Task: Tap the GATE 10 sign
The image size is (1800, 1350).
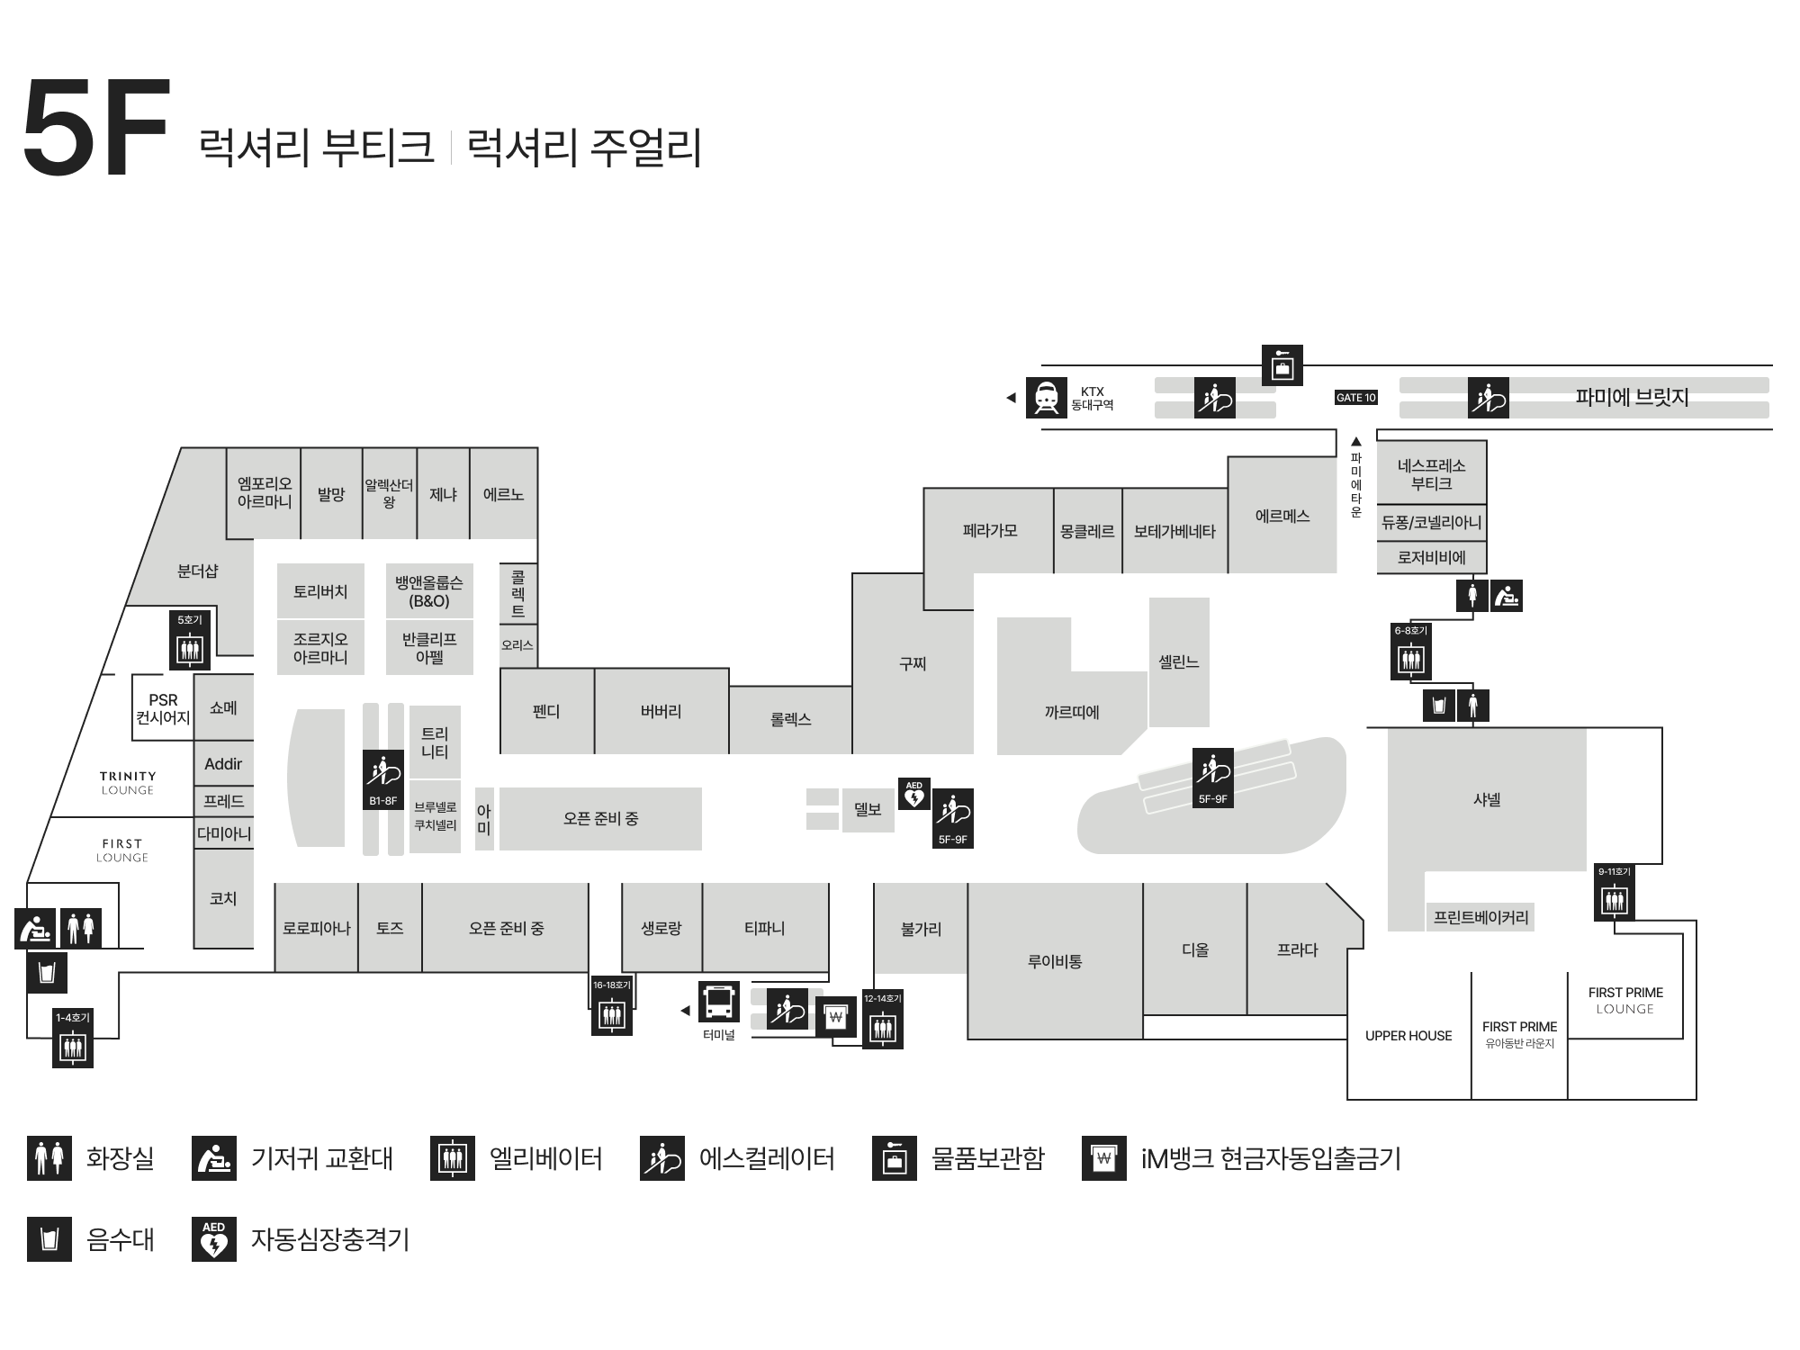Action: (x=1355, y=398)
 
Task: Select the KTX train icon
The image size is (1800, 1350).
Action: (x=1046, y=398)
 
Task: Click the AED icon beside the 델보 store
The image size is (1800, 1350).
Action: (x=914, y=794)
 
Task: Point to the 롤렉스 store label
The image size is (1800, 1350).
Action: (x=790, y=719)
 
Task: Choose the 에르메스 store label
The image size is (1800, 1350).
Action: (x=1282, y=516)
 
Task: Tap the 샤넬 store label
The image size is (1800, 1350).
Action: (x=1487, y=799)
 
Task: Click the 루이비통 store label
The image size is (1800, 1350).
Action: (x=1055, y=961)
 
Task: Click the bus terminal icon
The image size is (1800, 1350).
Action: (x=719, y=1002)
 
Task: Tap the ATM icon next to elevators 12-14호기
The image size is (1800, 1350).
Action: (x=836, y=1017)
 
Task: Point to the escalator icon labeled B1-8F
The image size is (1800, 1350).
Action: (x=383, y=779)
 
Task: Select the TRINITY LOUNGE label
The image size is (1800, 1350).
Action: (x=128, y=782)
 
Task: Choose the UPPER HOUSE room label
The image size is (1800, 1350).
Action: (x=1408, y=1036)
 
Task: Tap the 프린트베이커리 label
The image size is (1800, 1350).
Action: (x=1480, y=917)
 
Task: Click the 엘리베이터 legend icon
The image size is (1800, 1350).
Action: (x=453, y=1158)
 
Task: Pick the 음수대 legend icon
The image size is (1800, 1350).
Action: (x=49, y=1239)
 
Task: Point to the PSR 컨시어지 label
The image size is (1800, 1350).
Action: (x=163, y=708)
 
